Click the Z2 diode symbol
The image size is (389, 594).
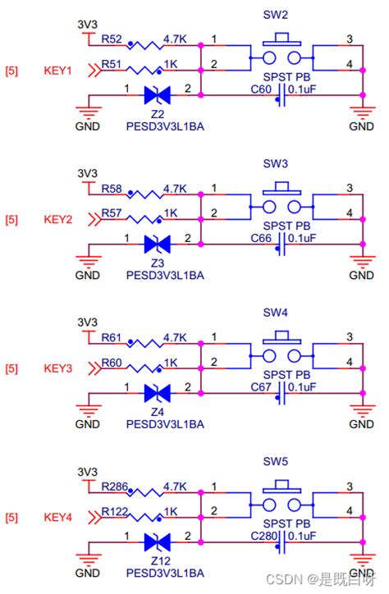pyautogui.click(x=157, y=95)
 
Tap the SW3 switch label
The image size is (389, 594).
pyautogui.click(x=276, y=164)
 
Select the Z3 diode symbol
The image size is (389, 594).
pyautogui.click(x=157, y=244)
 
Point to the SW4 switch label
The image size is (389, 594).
pyautogui.click(x=276, y=313)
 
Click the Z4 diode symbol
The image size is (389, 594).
pyautogui.click(x=157, y=393)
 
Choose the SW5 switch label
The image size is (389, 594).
pyautogui.click(x=276, y=462)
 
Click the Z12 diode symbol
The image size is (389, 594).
pyautogui.click(x=157, y=542)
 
